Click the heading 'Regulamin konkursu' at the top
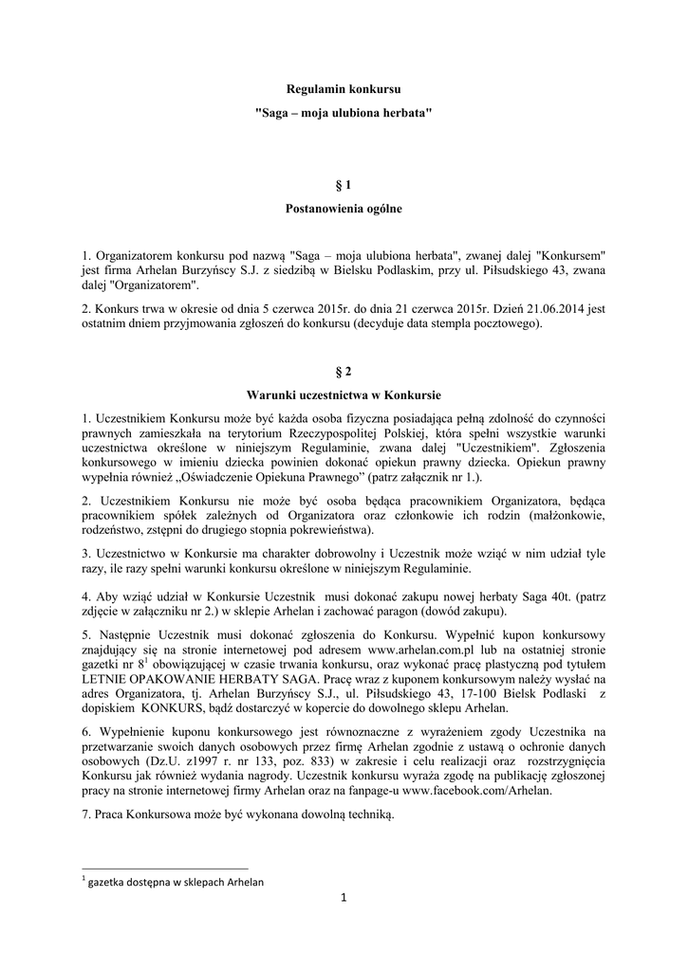click(x=344, y=88)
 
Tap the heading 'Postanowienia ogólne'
click(x=344, y=209)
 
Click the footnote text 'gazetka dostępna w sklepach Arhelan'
click(x=177, y=882)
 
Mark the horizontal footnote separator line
click(x=165, y=868)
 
